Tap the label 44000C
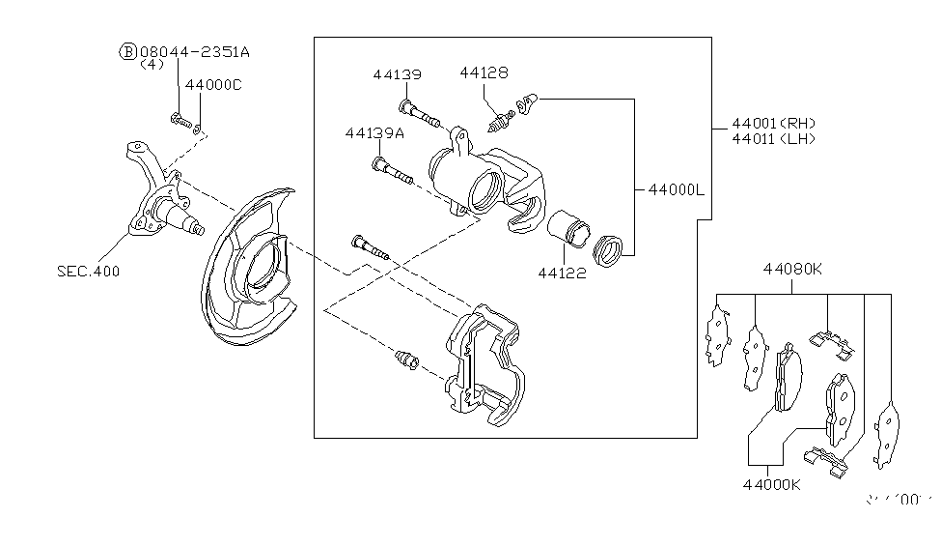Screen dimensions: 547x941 (x=213, y=85)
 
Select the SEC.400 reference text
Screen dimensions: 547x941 (x=89, y=271)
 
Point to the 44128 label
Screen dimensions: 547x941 (x=484, y=72)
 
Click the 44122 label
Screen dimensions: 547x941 (x=562, y=273)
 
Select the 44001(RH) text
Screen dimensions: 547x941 (x=774, y=123)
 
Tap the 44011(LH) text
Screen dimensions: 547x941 (x=774, y=138)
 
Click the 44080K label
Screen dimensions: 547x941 (x=793, y=269)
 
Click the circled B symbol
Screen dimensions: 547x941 (x=126, y=50)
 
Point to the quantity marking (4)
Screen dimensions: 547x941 (x=152, y=65)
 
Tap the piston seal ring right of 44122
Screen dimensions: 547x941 (x=610, y=249)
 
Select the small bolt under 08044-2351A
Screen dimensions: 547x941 (x=179, y=121)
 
